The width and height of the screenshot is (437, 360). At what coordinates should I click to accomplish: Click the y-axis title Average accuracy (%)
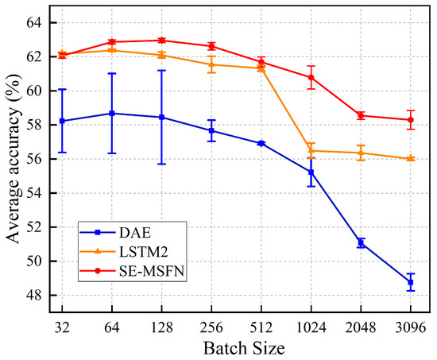click(x=14, y=159)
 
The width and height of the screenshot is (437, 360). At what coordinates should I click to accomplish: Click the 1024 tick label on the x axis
click(x=311, y=326)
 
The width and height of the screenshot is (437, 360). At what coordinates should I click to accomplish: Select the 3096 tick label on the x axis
click(x=411, y=326)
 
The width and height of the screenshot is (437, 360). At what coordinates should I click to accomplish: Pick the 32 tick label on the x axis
click(x=62, y=326)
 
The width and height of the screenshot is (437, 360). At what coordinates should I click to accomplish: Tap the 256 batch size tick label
click(x=211, y=326)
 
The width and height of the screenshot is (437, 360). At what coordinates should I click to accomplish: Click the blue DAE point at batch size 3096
click(x=411, y=282)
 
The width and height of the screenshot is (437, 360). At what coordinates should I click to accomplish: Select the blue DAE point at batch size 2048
click(x=361, y=242)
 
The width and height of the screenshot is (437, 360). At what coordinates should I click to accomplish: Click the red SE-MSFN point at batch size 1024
click(x=311, y=77)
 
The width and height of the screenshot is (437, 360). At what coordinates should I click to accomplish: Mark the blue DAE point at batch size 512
click(x=261, y=143)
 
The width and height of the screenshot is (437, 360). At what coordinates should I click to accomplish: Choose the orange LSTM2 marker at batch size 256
click(x=211, y=64)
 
